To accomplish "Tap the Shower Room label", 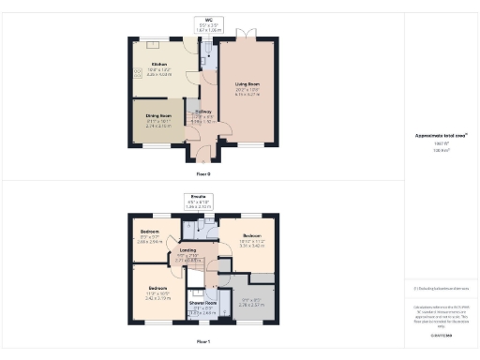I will click(204, 303).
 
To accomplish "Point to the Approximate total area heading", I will click(435, 135).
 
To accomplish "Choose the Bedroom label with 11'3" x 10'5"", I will click(157, 287).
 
